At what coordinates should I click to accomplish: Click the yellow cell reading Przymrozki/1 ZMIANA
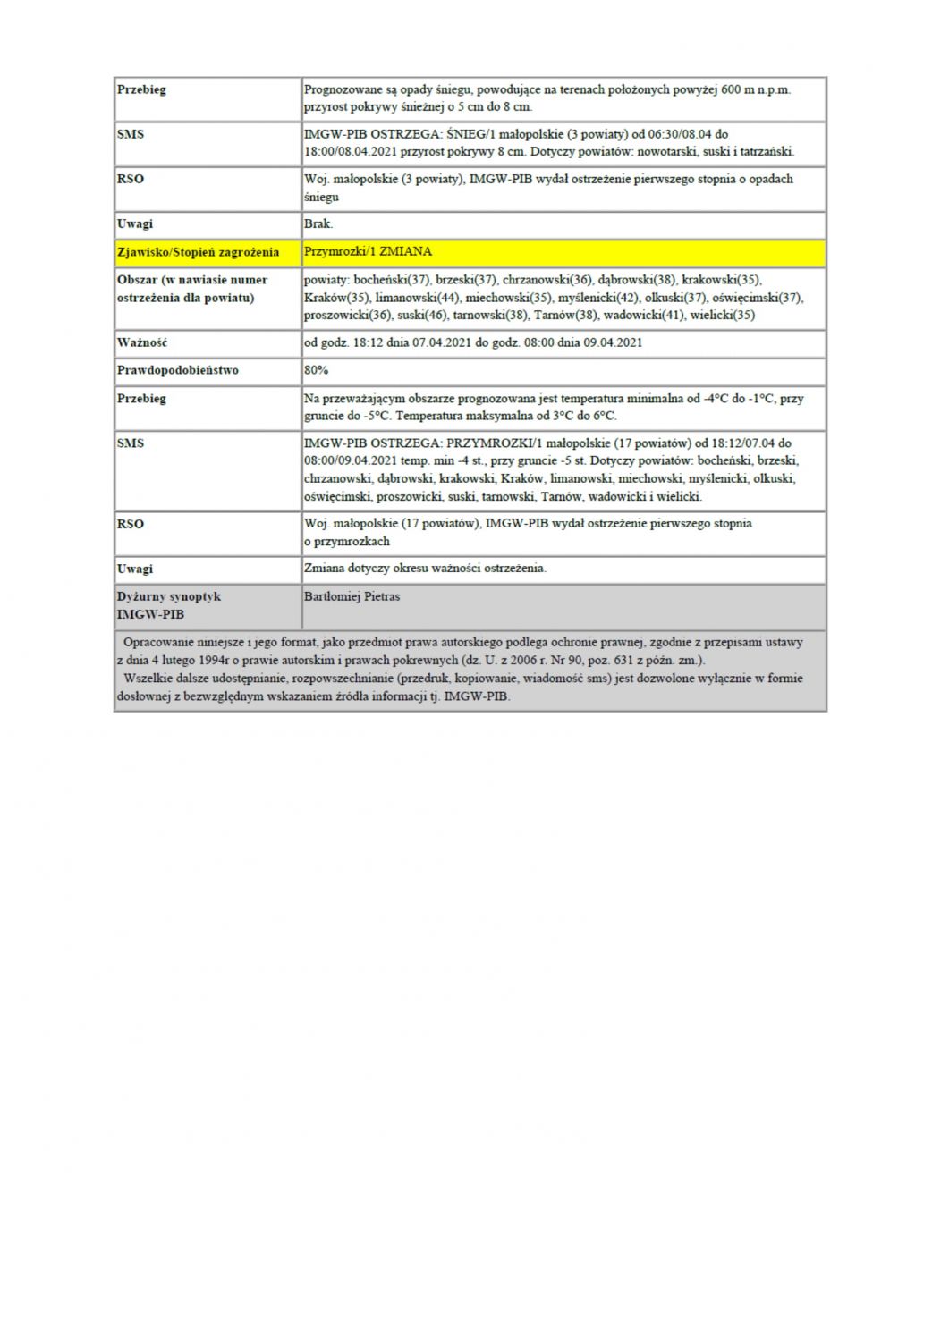[368, 252]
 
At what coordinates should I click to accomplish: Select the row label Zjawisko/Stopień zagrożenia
[198, 252]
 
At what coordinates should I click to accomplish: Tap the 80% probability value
[317, 370]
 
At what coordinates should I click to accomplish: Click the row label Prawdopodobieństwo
[178, 370]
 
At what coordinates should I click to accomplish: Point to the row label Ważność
[142, 342]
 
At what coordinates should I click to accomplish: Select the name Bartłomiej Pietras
[352, 596]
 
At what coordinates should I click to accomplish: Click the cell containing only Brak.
[318, 223]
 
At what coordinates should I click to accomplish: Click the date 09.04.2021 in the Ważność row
[612, 342]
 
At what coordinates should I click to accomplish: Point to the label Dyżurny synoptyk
[168, 596]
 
